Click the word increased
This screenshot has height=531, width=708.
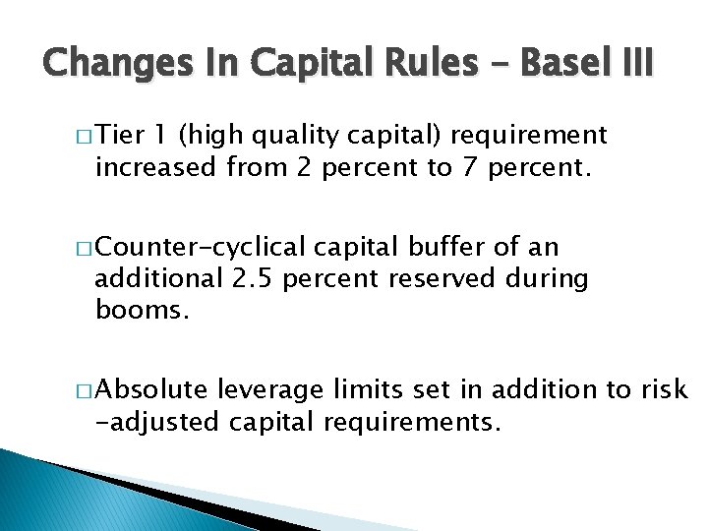tap(153, 167)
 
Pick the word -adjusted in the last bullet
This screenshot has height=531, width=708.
tap(158, 423)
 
